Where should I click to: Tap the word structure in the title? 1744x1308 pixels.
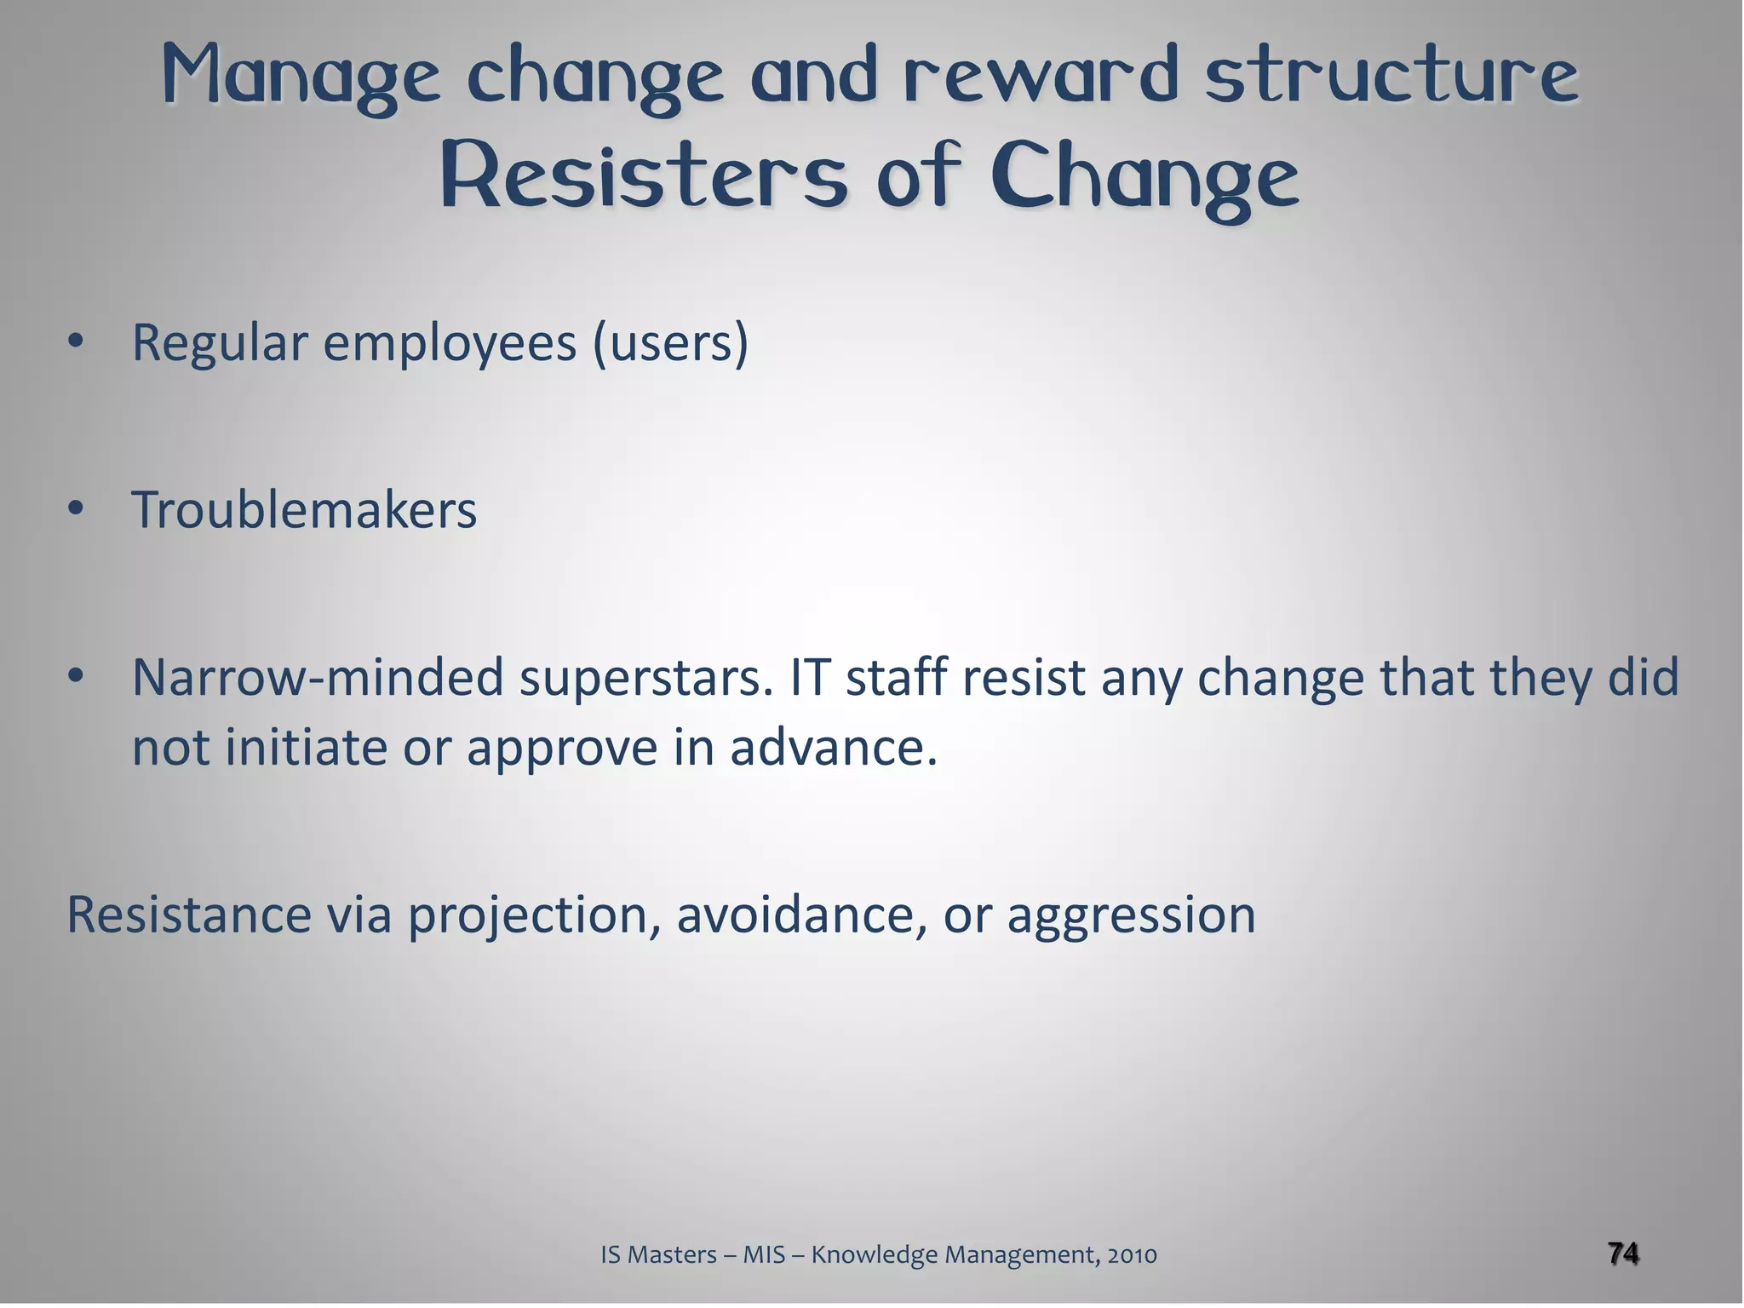[x=1392, y=75]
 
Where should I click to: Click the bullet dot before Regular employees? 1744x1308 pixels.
[x=76, y=342]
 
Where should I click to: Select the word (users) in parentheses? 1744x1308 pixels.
[x=671, y=342]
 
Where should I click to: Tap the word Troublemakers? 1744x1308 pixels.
[x=304, y=510]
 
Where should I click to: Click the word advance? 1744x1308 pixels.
[x=833, y=748]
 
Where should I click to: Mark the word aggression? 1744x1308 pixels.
[x=1131, y=916]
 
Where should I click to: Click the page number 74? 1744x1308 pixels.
[x=1623, y=1253]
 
